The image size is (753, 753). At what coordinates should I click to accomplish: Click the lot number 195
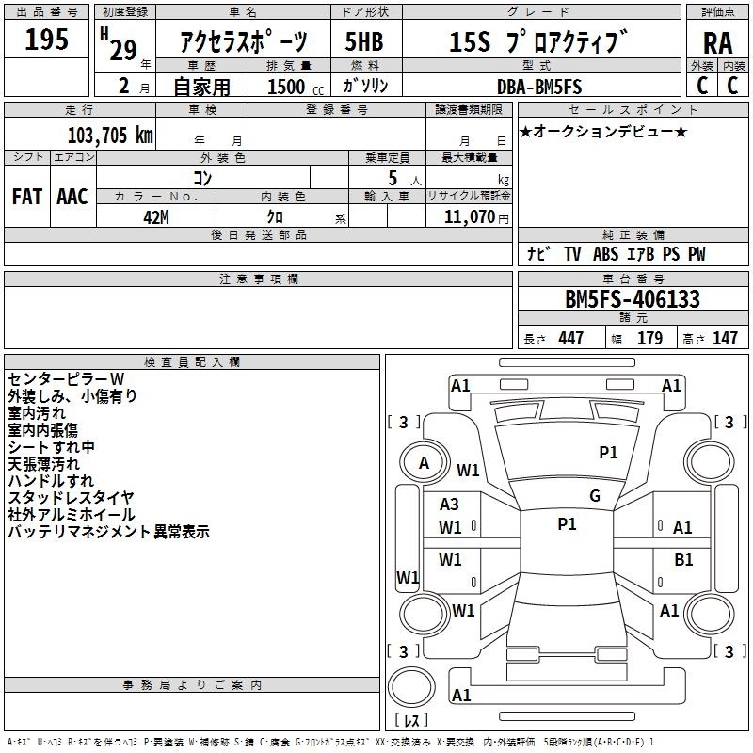tap(46, 40)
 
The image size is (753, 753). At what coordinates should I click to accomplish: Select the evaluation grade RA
tap(718, 43)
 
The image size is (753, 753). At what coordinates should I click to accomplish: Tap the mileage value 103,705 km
tap(110, 136)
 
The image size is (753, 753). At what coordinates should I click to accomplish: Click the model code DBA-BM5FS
tap(539, 87)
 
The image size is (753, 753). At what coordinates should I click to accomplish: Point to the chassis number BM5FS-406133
tap(633, 299)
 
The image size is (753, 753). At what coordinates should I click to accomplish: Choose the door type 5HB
tap(364, 41)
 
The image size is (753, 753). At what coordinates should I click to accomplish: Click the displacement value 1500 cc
tap(296, 87)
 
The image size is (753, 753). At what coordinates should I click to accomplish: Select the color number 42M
tap(156, 217)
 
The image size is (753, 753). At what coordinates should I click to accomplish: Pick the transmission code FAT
tap(27, 197)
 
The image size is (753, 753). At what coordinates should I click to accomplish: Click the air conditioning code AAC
tap(72, 197)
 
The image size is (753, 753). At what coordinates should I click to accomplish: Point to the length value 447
tap(570, 338)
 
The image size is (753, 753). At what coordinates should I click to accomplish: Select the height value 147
tap(725, 338)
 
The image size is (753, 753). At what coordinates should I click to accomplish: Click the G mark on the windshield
tap(595, 495)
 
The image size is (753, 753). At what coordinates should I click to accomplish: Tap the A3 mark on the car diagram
tap(449, 505)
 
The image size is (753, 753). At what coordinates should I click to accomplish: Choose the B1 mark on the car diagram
tap(683, 560)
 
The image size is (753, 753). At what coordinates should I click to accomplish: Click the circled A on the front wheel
tap(425, 463)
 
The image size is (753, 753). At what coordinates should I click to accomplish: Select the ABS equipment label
tap(605, 254)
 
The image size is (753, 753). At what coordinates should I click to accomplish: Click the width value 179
tap(649, 338)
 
